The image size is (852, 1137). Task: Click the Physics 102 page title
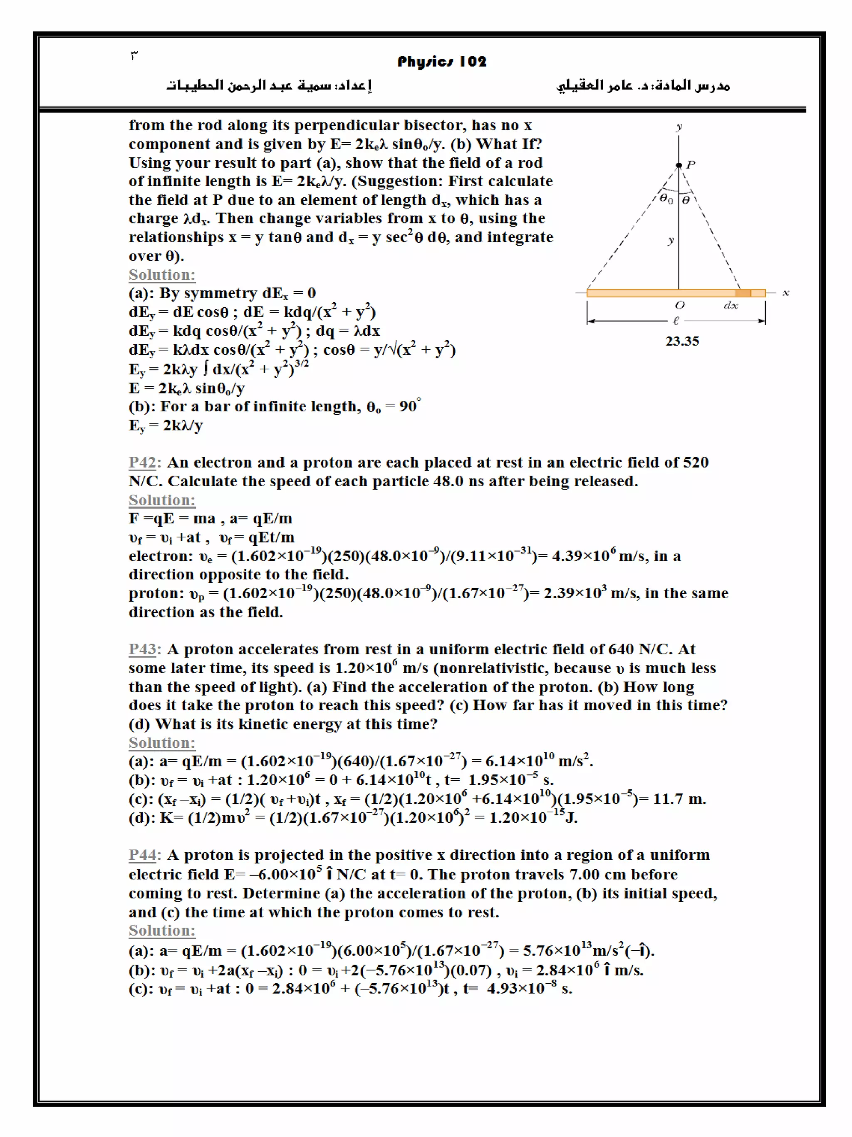click(x=442, y=62)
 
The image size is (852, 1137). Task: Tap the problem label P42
click(x=142, y=463)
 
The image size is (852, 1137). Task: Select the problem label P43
click(x=142, y=649)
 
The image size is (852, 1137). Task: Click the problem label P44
click(x=142, y=855)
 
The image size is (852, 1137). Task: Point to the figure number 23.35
click(x=682, y=341)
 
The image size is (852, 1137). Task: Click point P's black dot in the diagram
click(x=679, y=165)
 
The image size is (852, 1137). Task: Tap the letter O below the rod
click(x=679, y=305)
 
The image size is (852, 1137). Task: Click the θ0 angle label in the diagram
click(x=666, y=199)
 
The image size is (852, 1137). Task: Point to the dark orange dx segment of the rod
click(x=743, y=293)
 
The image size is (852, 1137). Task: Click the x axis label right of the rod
click(x=786, y=293)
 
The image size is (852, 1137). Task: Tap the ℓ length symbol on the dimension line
click(x=676, y=321)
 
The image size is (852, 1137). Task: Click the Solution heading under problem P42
click(x=162, y=500)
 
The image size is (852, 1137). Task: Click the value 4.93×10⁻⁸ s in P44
click(x=529, y=988)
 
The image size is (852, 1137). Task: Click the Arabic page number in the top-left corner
click(x=134, y=55)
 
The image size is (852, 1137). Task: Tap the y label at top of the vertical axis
click(x=679, y=127)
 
